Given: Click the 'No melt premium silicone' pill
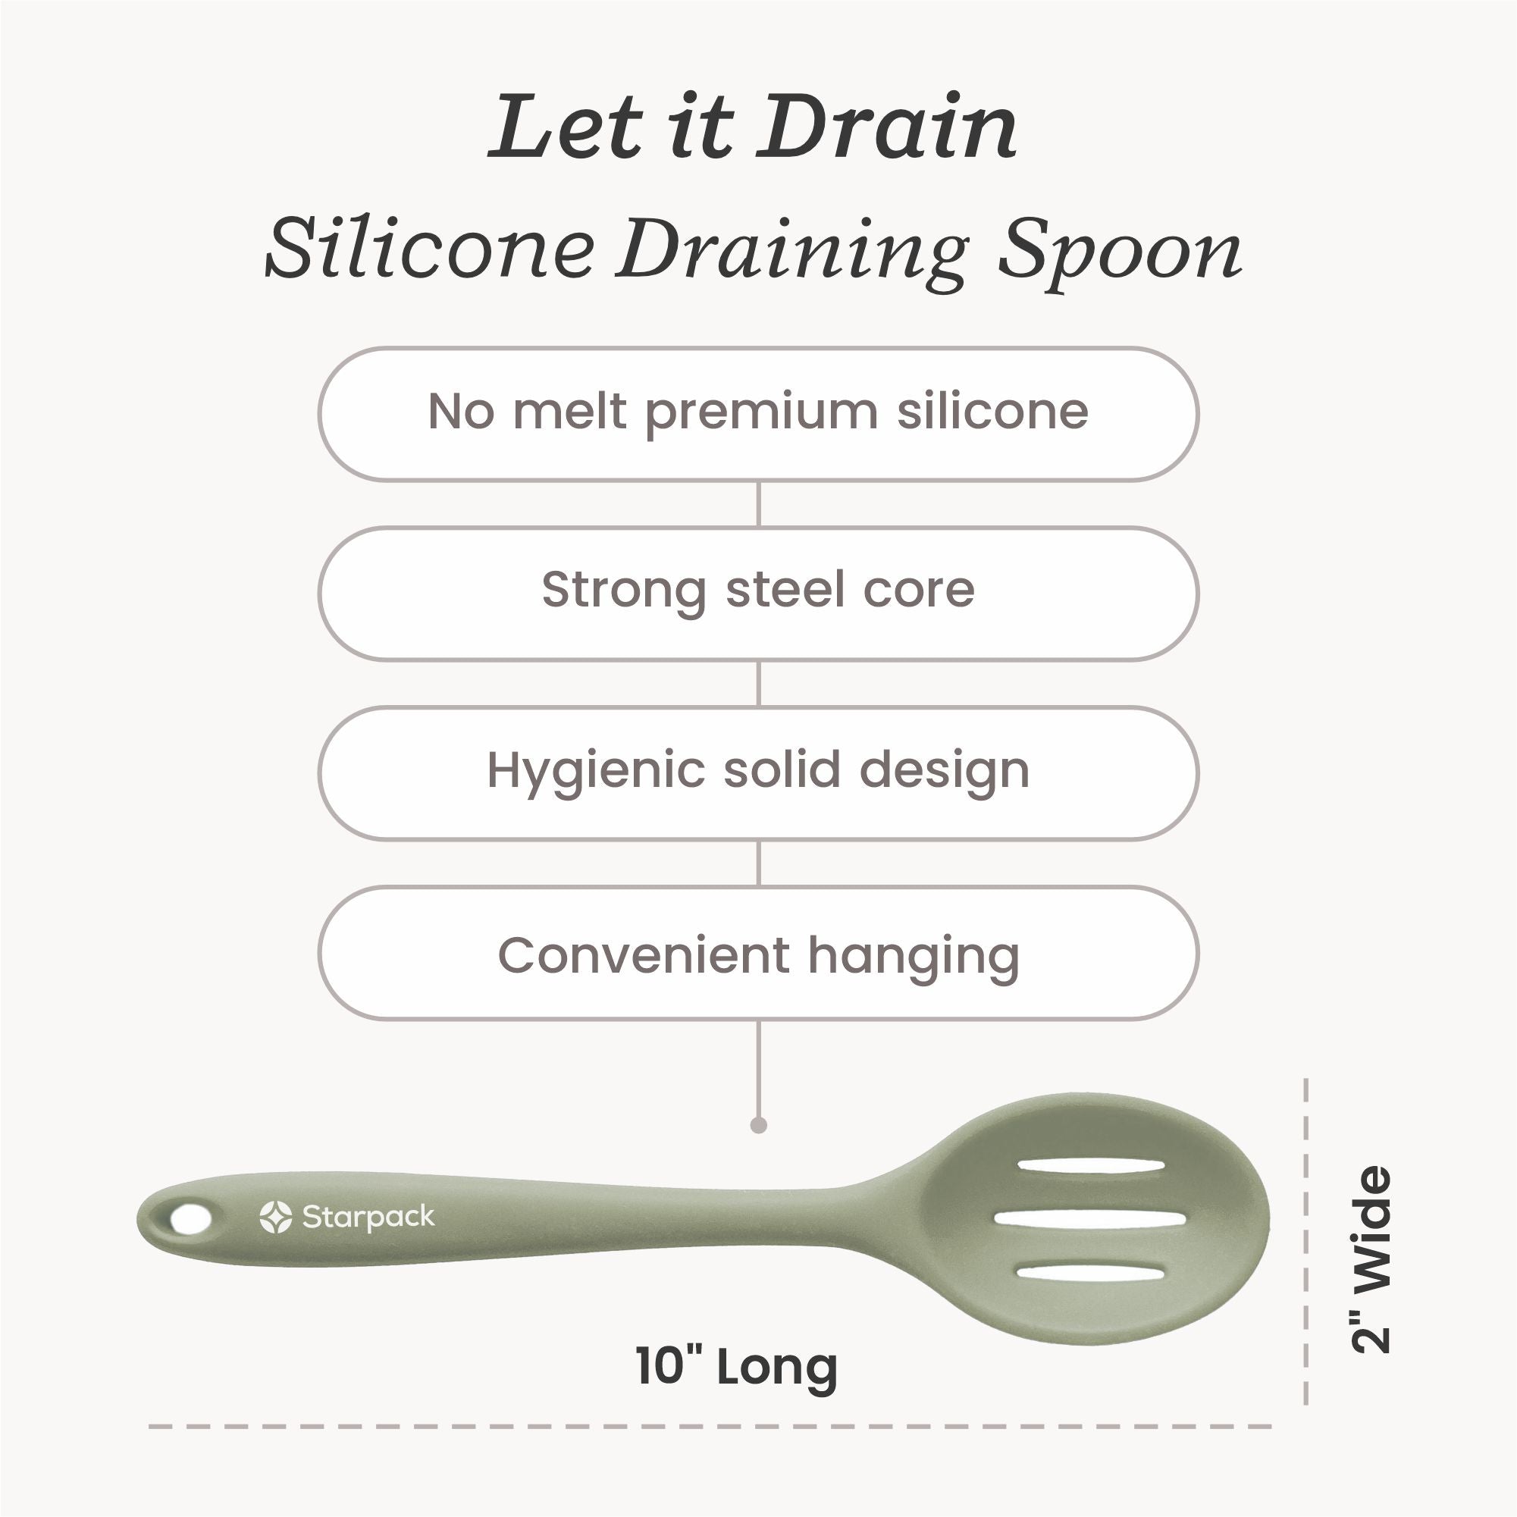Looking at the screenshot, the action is pos(758,414).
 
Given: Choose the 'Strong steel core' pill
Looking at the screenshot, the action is pos(758,594).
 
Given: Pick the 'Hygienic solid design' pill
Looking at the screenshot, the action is pos(758,773).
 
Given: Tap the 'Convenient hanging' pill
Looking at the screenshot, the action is pos(758,953).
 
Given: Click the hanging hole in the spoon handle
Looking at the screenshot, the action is pos(191,1219).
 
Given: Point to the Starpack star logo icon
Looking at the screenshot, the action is pos(276,1217).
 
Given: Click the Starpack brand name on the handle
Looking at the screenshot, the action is pos(368,1218).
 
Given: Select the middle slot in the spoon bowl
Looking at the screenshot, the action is pos(1090,1218).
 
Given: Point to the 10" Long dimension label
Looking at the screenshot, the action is pos(737,1367).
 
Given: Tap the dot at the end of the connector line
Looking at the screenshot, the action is pos(758,1125).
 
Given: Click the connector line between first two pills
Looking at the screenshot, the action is pos(758,503).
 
